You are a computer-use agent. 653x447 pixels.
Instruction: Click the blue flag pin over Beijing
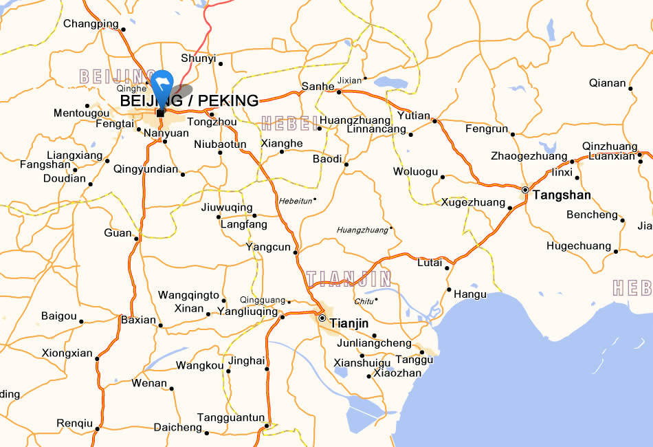point(162,84)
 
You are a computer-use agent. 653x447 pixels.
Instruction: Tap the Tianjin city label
point(349,323)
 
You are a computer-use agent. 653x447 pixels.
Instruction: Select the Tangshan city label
point(562,195)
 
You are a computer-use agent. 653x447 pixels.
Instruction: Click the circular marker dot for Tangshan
point(525,190)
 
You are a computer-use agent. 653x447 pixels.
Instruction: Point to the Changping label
point(91,24)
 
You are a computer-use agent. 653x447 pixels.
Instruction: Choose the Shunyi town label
point(198,58)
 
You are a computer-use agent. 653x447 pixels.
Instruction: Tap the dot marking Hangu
point(449,290)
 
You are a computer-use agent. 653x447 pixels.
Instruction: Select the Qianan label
point(608,83)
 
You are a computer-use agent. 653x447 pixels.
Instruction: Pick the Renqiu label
point(74,423)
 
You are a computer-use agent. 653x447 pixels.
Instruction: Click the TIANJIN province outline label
point(349,279)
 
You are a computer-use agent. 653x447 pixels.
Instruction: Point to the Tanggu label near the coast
point(414,360)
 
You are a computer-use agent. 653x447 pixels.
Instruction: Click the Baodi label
point(327,159)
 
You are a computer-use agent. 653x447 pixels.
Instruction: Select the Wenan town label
point(149,383)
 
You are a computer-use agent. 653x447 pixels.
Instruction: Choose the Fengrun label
point(487,129)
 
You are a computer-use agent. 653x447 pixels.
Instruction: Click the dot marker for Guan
point(137,239)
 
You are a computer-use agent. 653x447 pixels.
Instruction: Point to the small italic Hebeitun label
point(296,201)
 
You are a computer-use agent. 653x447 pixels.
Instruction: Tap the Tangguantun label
point(231,417)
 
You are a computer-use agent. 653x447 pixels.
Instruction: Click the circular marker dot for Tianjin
point(322,318)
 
